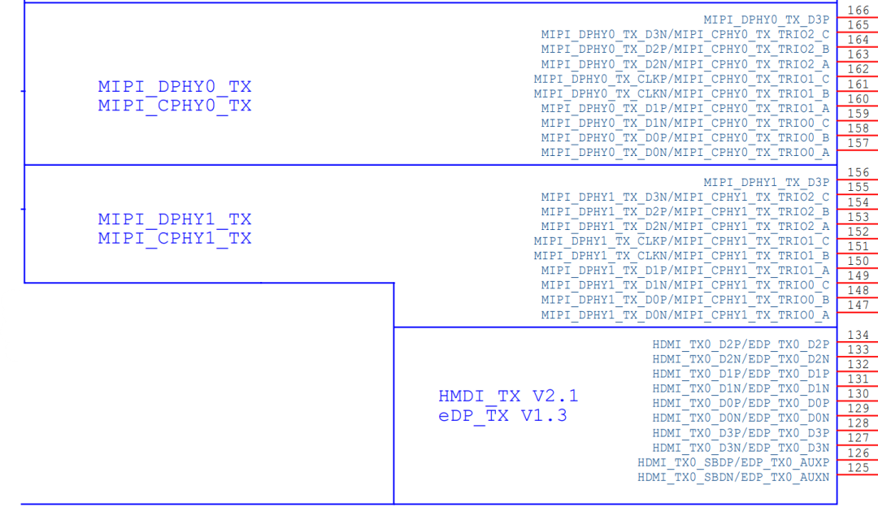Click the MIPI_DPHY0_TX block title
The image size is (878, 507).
[x=175, y=87]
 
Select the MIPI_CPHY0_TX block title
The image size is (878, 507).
[x=175, y=106]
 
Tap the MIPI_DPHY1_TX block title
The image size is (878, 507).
[x=175, y=219]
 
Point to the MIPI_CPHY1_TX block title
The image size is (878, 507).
[x=175, y=238]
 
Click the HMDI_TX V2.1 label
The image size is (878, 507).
[x=508, y=396]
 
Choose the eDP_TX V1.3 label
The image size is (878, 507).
[x=502, y=416]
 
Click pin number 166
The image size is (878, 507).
[x=858, y=11]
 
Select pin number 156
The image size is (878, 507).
[x=858, y=172]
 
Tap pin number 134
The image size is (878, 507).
[x=858, y=335]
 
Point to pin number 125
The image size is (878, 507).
[x=858, y=467]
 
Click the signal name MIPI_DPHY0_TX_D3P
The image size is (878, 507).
[x=766, y=19]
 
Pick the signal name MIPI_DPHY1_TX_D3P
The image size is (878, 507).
[x=766, y=183]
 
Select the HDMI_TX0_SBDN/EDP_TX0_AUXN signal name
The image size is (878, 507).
[x=733, y=477]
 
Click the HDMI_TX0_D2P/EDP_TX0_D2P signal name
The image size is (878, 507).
[x=741, y=344]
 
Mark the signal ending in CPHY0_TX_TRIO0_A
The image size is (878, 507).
[x=685, y=152]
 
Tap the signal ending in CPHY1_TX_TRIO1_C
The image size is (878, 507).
[x=681, y=241]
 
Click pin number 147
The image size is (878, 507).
[x=858, y=305]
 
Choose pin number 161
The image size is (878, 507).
[x=858, y=84]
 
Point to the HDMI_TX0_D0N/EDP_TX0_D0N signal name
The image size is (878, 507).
[x=741, y=418]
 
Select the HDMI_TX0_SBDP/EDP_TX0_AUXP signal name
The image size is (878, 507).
[x=733, y=463]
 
